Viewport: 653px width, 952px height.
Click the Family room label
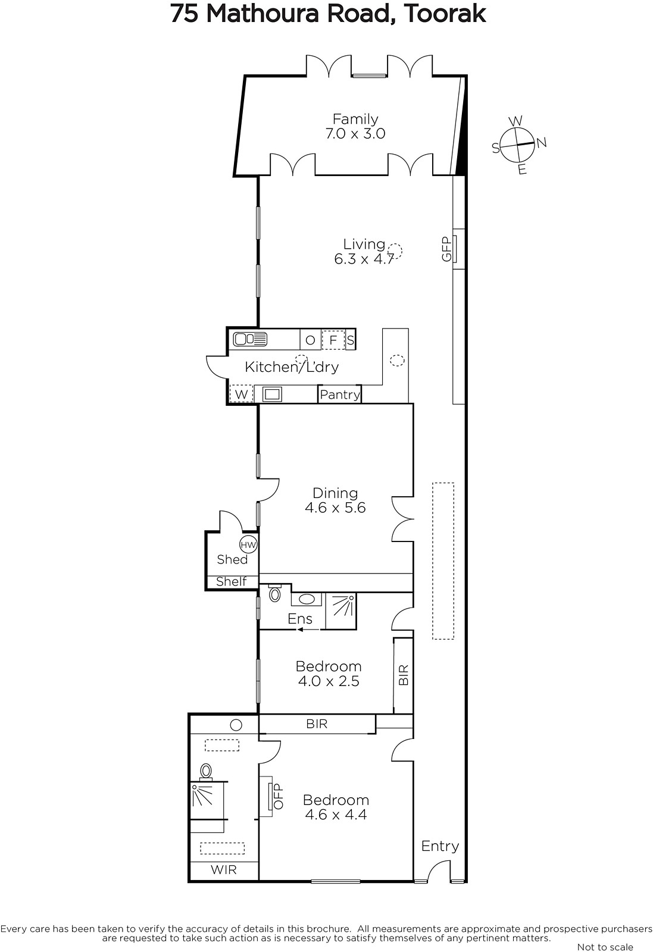(x=355, y=118)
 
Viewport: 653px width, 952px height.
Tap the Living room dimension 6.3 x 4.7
(x=364, y=259)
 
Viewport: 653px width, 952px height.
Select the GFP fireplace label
(x=446, y=249)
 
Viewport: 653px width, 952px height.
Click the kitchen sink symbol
(x=250, y=339)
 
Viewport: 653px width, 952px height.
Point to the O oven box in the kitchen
(x=310, y=340)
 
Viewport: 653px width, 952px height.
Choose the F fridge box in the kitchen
(x=333, y=340)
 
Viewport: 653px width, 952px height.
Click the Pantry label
(x=340, y=395)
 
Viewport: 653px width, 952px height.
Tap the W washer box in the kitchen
(x=241, y=393)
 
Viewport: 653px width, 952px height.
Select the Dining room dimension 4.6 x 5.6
(x=335, y=508)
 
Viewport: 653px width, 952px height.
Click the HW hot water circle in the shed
(x=248, y=545)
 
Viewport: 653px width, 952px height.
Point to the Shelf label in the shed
(x=232, y=581)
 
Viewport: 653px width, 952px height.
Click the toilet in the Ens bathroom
(x=275, y=593)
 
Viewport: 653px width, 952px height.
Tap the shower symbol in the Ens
(x=341, y=610)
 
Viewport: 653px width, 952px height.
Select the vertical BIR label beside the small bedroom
(x=404, y=675)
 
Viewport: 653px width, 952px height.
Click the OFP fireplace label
(x=278, y=796)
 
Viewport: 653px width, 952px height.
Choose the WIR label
(x=224, y=869)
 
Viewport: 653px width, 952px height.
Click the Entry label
(x=440, y=846)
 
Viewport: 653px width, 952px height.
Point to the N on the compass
(x=541, y=143)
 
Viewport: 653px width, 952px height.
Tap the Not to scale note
(x=605, y=947)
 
